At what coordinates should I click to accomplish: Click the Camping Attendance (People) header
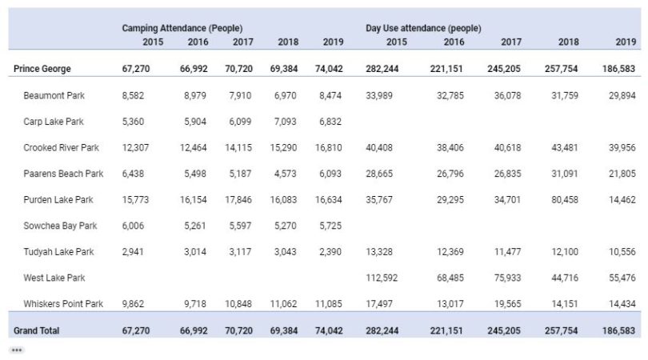[182, 28]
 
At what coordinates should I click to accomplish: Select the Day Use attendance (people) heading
[423, 28]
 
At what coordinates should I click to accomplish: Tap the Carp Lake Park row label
[54, 122]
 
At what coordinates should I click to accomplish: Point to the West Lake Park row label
[54, 278]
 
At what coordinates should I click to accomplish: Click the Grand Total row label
[36, 330]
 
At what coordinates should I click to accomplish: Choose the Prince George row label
[42, 69]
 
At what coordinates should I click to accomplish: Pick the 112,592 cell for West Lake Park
[382, 278]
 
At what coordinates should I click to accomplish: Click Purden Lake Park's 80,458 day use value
[565, 200]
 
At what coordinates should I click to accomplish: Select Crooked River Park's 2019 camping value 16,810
[329, 147]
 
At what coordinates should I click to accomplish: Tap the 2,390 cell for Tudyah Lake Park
[330, 252]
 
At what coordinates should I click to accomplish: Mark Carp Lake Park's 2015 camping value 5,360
[133, 122]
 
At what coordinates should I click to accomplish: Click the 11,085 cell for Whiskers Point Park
[329, 304]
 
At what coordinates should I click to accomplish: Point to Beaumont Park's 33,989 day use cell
[379, 95]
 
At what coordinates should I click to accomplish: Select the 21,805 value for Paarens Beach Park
[622, 174]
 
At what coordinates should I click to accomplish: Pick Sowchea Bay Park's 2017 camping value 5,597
[240, 226]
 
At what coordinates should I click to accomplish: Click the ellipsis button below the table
[17, 350]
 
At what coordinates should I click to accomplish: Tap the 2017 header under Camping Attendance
[243, 42]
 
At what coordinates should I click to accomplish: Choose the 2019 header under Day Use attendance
[626, 42]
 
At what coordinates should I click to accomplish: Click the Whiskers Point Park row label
[63, 304]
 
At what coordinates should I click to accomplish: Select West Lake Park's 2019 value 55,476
[622, 278]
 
